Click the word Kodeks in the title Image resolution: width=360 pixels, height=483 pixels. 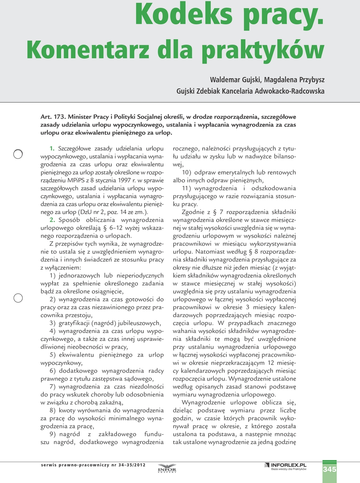[x=184, y=14]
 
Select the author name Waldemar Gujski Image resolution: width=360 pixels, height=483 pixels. [x=235, y=80]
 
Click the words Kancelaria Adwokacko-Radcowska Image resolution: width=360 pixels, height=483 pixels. [x=273, y=91]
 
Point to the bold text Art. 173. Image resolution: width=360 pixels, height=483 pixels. [x=53, y=117]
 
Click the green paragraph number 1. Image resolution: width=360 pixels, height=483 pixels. [x=52, y=149]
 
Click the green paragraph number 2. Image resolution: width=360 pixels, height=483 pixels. [x=52, y=220]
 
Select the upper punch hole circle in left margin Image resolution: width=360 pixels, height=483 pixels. [x=18, y=154]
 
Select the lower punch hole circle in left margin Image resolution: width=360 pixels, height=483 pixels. [x=18, y=298]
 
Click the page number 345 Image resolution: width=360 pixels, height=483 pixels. [x=329, y=469]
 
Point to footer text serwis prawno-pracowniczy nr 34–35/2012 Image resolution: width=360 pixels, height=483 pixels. [x=93, y=465]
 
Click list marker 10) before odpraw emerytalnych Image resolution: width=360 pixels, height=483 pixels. [x=186, y=172]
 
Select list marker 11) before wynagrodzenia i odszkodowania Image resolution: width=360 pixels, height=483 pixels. [x=186, y=188]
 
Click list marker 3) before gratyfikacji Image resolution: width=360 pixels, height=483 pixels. [x=52, y=323]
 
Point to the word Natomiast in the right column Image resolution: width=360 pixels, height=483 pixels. [x=210, y=251]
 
